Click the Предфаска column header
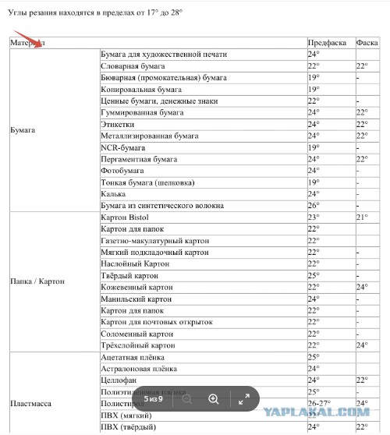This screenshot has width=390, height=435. [324, 42]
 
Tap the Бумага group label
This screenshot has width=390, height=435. [23, 129]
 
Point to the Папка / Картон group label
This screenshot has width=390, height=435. [37, 281]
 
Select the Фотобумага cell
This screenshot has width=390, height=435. [123, 170]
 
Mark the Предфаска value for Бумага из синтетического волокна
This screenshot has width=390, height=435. [314, 205]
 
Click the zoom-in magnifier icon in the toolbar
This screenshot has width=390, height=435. [213, 399]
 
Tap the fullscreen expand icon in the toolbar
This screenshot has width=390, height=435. [244, 399]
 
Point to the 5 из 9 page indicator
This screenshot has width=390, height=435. [153, 399]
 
